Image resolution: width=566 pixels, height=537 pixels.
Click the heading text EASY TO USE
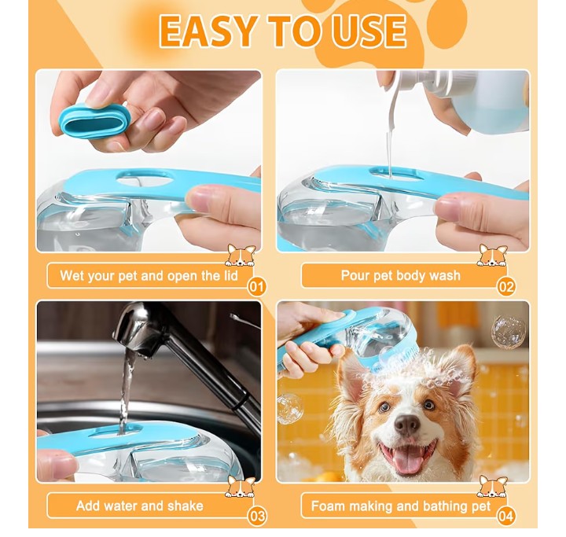point(283,31)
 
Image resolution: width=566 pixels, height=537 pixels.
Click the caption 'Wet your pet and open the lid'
point(139,276)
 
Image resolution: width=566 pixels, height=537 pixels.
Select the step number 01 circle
point(256,285)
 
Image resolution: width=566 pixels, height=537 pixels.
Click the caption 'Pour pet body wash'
point(401,275)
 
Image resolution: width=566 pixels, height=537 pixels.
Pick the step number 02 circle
point(507,285)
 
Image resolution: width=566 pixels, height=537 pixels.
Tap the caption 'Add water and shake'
point(139,506)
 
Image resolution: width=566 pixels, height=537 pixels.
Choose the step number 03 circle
point(256,516)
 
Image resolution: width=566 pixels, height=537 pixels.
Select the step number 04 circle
point(507,516)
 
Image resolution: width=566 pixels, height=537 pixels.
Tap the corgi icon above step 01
point(241,256)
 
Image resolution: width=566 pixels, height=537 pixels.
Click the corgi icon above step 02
point(493,256)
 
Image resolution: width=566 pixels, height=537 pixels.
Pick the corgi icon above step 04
point(493,487)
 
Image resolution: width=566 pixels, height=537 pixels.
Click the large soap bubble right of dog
point(507,331)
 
